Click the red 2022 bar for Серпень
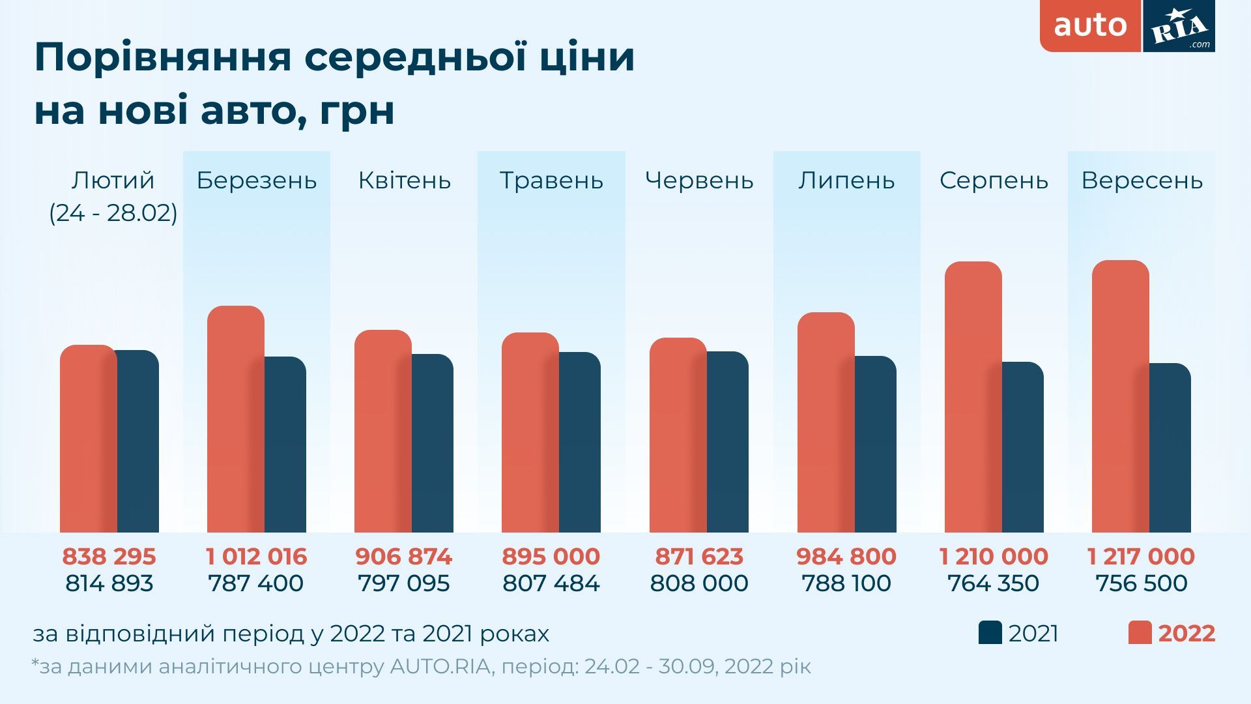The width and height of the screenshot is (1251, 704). (x=973, y=398)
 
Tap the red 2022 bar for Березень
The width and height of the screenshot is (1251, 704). (x=235, y=420)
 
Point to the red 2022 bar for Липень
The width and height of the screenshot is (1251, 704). (x=826, y=423)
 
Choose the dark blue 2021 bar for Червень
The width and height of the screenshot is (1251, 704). (x=728, y=443)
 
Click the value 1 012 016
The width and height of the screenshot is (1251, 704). (x=256, y=557)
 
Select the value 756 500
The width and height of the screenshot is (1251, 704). (x=1141, y=583)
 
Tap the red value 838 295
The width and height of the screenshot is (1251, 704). (x=109, y=557)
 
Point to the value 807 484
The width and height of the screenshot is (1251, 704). (x=551, y=583)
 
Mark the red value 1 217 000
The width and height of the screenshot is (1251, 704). (x=1141, y=557)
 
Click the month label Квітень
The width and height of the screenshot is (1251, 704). (x=404, y=181)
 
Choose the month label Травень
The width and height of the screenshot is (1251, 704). (x=551, y=181)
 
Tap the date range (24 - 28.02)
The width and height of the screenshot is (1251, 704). (x=113, y=213)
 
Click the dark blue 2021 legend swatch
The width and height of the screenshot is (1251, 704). (x=990, y=633)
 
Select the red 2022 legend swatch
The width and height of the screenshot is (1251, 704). (x=1140, y=633)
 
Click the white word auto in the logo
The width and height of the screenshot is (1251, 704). (x=1090, y=25)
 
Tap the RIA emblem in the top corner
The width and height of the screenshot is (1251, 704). (x=1179, y=26)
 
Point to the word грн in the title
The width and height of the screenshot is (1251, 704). (x=358, y=111)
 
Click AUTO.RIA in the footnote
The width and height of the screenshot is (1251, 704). (x=440, y=667)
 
